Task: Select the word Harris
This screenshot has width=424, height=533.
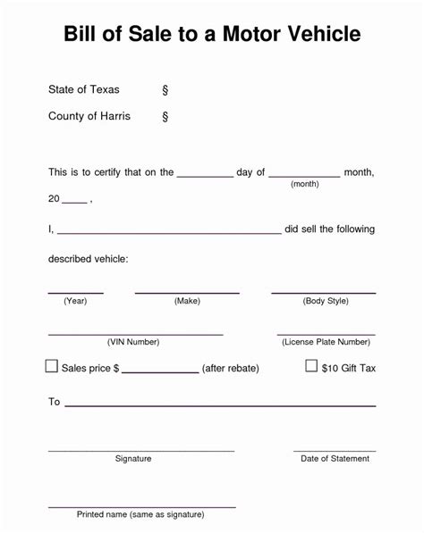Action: coord(113,116)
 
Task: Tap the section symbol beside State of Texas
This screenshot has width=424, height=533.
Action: coord(165,90)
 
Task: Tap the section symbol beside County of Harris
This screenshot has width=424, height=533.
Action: coord(165,117)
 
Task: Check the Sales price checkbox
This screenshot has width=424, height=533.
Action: coord(52,366)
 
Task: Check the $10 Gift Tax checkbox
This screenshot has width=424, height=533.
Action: coord(311,366)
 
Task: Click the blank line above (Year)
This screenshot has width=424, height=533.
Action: coord(75,292)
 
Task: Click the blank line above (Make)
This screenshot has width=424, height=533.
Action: coord(187,292)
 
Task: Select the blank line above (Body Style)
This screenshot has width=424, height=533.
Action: coord(323,292)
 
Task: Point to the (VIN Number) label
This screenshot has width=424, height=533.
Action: coord(133,342)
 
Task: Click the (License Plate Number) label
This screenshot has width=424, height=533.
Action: coord(326,342)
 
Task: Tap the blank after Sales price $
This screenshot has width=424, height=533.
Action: coord(159,371)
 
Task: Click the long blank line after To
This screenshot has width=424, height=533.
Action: coord(219,405)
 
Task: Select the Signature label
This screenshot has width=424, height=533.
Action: coord(133,459)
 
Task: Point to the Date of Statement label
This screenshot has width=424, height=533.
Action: coord(335,459)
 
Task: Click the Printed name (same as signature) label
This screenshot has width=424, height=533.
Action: coord(140,514)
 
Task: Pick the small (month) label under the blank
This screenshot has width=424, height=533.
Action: coord(304,183)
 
